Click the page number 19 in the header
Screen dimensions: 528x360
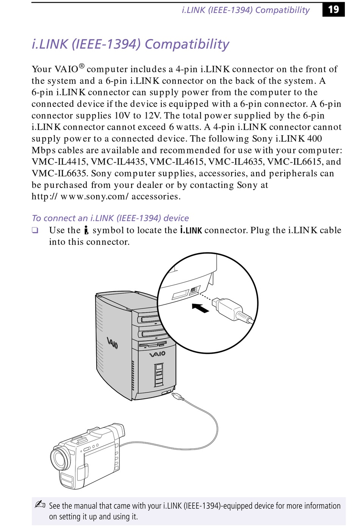pos(333,9)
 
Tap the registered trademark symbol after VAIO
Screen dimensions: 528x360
pos(81,67)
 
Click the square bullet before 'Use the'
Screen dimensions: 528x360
pos(35,230)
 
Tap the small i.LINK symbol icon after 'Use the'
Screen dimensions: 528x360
pos(86,230)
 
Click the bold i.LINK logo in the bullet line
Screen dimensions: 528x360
pos(191,230)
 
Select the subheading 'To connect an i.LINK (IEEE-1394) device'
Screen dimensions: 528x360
pos(110,218)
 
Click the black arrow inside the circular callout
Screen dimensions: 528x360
pos(200,308)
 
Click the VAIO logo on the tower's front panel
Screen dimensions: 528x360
pos(157,354)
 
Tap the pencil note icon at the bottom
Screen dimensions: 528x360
pos(40,504)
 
